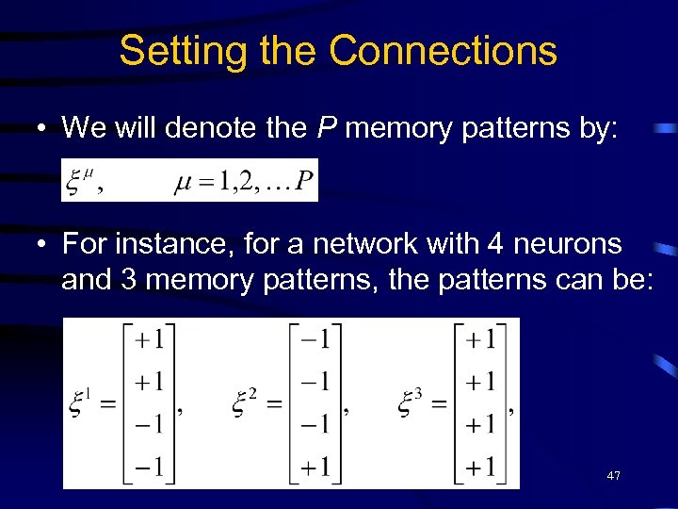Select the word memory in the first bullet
pos(400,128)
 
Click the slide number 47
pos(613,476)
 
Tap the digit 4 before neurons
pos(494,244)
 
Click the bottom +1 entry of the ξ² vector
pos(312,466)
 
